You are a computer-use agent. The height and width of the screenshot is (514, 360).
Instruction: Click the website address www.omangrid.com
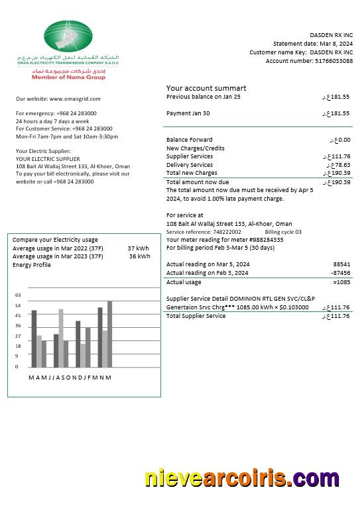point(80,99)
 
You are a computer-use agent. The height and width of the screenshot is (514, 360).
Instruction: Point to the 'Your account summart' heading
point(206,88)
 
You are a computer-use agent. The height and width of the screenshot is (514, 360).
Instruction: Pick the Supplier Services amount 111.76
point(338,156)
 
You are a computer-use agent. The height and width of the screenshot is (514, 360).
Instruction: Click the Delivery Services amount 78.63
point(339,165)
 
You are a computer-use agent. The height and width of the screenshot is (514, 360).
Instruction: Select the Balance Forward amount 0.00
point(341,140)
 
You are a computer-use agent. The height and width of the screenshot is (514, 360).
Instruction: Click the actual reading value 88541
point(341,264)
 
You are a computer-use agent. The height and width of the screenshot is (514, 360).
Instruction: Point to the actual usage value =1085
point(341,282)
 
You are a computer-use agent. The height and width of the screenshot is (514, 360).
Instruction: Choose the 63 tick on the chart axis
point(18,295)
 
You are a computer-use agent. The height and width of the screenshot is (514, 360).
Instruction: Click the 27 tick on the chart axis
point(18,336)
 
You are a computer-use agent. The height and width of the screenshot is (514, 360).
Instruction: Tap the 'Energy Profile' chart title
point(31,265)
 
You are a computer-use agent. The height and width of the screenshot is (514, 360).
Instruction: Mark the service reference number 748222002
point(227,232)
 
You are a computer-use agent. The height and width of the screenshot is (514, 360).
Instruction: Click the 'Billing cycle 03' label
point(283,232)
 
